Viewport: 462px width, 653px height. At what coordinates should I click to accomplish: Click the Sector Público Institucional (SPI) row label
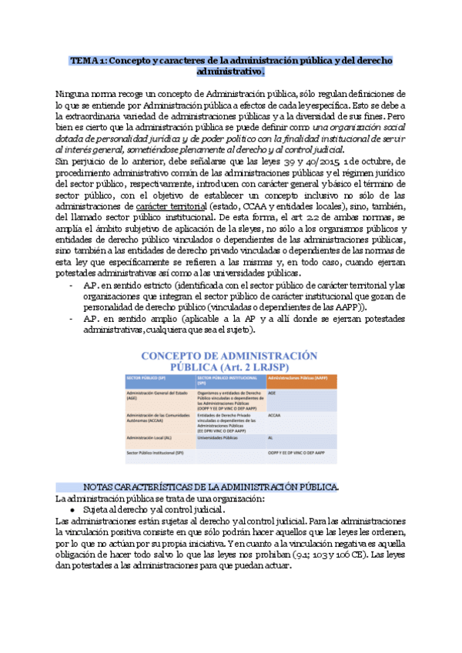159,453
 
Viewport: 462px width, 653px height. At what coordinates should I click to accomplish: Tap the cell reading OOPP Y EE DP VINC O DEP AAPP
301,453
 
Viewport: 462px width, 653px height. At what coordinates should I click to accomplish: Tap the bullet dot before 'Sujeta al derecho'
72,510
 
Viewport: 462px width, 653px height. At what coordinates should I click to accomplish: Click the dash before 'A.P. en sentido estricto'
71,286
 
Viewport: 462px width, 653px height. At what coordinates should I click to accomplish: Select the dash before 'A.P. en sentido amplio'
71,318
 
